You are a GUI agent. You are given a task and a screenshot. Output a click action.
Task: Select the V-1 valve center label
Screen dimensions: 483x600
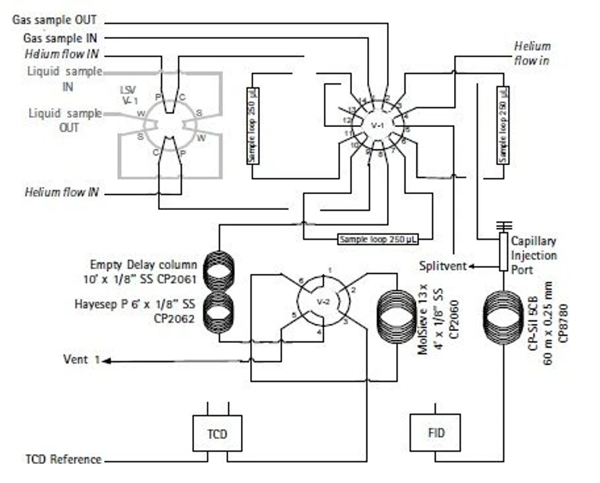[x=377, y=125]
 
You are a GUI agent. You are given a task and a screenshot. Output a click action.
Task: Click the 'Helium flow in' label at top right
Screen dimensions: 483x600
[x=532, y=52]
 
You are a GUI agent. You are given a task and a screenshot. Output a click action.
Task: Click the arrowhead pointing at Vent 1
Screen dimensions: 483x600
[x=107, y=361]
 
